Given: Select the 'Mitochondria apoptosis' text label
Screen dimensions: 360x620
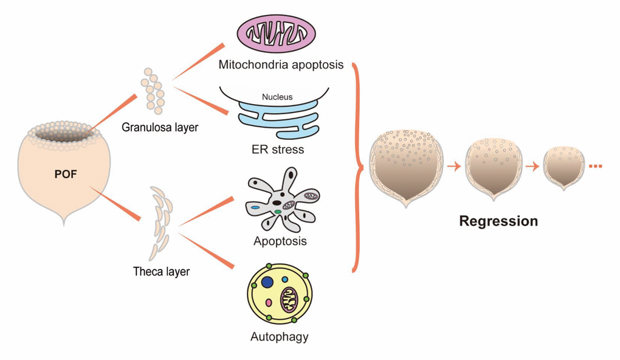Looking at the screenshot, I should (x=281, y=64).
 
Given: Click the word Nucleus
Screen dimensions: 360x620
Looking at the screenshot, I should (x=277, y=97).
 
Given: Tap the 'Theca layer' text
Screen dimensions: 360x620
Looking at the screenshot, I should (x=161, y=272).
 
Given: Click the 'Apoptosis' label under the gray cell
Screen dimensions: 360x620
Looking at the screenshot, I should (x=280, y=241).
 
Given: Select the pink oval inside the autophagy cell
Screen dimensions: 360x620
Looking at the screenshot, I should (x=269, y=302).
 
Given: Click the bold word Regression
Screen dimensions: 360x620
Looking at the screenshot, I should (x=498, y=221).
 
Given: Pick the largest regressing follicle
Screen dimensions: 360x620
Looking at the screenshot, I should (x=406, y=165).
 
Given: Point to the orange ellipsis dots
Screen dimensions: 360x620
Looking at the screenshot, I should (x=594, y=165).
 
